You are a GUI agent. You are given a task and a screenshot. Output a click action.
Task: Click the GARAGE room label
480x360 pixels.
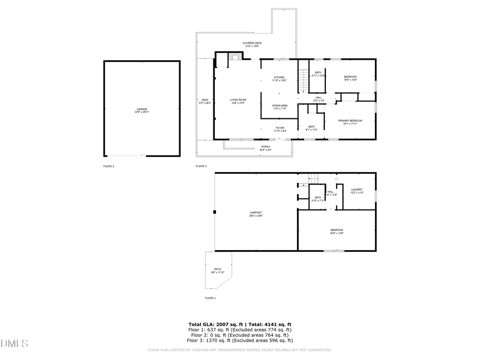(x=141, y=109)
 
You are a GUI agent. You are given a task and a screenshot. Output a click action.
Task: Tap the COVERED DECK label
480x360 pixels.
(x=252, y=43)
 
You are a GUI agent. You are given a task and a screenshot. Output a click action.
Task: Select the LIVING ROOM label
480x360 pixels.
(x=238, y=100)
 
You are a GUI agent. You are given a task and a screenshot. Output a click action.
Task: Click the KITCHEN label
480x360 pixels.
(x=279, y=77)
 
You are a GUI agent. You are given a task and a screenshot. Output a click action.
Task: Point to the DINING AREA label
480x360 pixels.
(x=280, y=106)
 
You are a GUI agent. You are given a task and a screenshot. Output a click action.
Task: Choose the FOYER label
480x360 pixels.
(x=279, y=128)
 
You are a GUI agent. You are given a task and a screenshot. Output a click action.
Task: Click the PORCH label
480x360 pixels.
(x=265, y=147)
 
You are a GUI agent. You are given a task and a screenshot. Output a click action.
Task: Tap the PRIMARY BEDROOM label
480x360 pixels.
(x=350, y=121)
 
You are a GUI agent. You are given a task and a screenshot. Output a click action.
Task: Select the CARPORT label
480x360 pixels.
(x=255, y=212)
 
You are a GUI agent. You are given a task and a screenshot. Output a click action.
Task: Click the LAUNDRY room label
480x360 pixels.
(x=356, y=190)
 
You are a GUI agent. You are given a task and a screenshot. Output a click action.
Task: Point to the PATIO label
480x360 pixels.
(x=218, y=269)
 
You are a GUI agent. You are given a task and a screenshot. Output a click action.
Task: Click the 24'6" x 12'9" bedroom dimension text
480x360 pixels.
(x=337, y=233)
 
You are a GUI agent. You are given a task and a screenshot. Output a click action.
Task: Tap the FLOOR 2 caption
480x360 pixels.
(x=109, y=166)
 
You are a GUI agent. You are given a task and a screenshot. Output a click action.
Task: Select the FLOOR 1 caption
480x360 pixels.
(x=211, y=298)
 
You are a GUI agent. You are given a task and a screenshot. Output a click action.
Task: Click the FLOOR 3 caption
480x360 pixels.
(x=201, y=166)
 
